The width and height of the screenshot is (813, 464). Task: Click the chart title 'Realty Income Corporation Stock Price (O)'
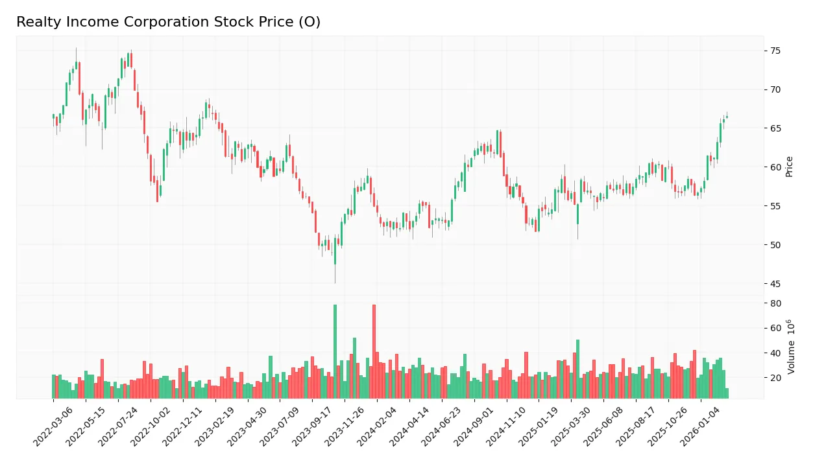[x=168, y=22]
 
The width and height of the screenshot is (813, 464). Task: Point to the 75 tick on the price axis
[x=775, y=51]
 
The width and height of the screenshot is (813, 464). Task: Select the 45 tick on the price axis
[x=775, y=284]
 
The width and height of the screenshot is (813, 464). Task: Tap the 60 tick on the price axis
[x=775, y=167]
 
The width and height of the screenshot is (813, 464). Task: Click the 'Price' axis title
[x=789, y=167]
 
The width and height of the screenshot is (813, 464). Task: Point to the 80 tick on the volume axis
[x=775, y=303]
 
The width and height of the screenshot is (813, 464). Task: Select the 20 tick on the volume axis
[x=775, y=378]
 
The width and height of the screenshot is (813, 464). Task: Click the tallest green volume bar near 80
[x=335, y=351]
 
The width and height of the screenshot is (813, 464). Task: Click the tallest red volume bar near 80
[x=374, y=351]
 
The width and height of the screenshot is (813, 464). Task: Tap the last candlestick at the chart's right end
[x=727, y=117]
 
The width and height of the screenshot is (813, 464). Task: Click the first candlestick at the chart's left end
[x=53, y=117]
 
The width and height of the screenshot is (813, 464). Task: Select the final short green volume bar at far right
[x=727, y=393]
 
